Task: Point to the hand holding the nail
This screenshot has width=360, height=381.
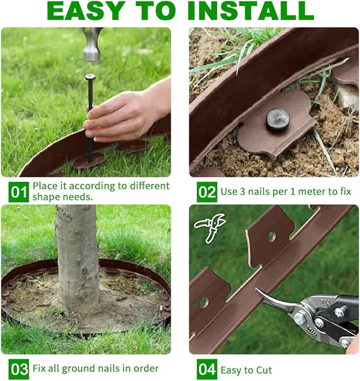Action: click(x=119, y=114)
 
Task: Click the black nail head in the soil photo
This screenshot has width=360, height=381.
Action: click(x=277, y=119)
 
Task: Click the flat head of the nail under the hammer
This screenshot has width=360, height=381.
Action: click(x=90, y=77)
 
